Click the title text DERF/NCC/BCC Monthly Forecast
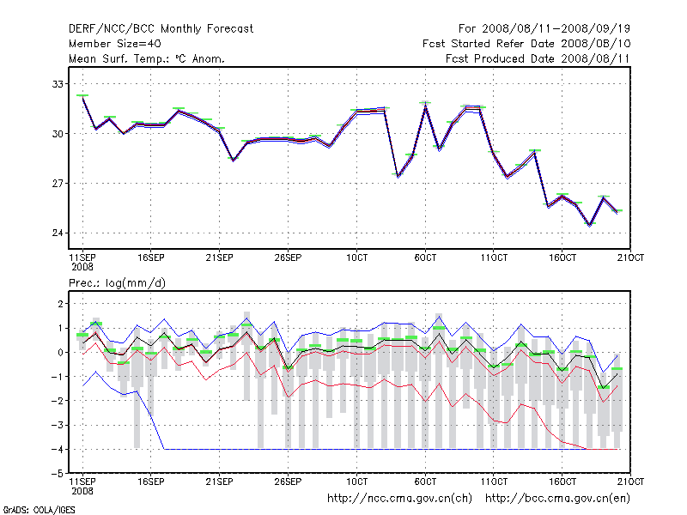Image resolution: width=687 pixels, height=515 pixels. [161, 29]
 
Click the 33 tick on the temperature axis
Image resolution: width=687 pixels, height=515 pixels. [58, 84]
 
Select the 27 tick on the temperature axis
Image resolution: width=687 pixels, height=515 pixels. [58, 184]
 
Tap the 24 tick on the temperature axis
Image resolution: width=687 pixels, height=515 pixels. [58, 233]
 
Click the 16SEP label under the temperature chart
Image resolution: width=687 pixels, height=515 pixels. [150, 257]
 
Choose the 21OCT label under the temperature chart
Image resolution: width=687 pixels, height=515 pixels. [630, 257]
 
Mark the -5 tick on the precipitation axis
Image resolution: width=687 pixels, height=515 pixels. [57, 474]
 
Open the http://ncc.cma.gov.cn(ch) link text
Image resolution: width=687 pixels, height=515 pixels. [400, 498]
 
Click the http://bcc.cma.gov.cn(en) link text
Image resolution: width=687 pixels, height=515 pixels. [559, 498]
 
